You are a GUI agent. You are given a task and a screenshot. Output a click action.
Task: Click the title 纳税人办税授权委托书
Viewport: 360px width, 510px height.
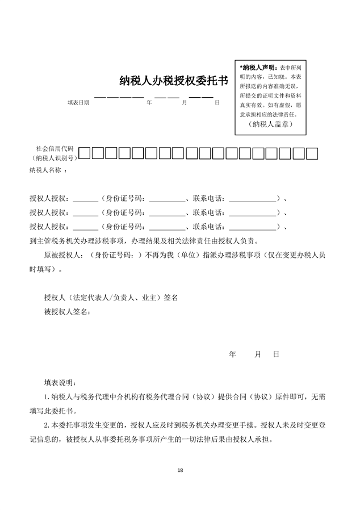174,81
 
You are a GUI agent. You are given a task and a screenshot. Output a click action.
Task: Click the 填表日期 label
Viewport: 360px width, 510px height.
78,103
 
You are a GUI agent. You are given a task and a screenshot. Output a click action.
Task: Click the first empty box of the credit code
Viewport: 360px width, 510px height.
85,153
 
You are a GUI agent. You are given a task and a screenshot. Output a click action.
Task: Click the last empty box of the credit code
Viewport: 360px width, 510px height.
311,153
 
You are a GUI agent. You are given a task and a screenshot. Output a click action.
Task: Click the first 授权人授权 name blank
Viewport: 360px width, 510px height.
85,199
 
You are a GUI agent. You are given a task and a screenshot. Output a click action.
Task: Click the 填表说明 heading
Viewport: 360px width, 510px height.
59,382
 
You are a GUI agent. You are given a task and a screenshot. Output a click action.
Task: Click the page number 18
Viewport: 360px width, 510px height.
180,470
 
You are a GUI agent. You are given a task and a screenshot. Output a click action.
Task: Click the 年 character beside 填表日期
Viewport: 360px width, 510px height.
149,103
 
